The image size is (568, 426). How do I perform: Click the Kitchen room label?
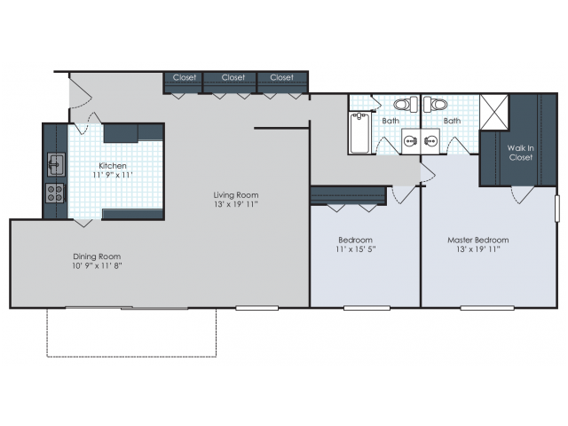click(x=112, y=166)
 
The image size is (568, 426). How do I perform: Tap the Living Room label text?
click(x=235, y=195)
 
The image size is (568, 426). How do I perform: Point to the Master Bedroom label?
click(x=477, y=240)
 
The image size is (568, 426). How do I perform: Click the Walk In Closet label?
click(x=520, y=153)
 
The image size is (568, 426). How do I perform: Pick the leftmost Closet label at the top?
click(x=185, y=77)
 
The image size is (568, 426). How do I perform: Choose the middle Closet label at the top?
click(x=233, y=77)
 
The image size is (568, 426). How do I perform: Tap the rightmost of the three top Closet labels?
click(x=281, y=77)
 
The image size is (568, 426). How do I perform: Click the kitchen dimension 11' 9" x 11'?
click(x=112, y=176)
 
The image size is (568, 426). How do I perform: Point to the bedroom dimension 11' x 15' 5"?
click(x=355, y=249)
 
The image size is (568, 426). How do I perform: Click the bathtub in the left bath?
click(x=360, y=132)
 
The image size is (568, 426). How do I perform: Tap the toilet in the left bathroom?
click(x=401, y=105)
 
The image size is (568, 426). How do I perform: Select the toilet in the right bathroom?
click(x=436, y=105)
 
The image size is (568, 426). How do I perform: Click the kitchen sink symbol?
click(x=55, y=163)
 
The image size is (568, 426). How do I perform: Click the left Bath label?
click(x=390, y=121)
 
